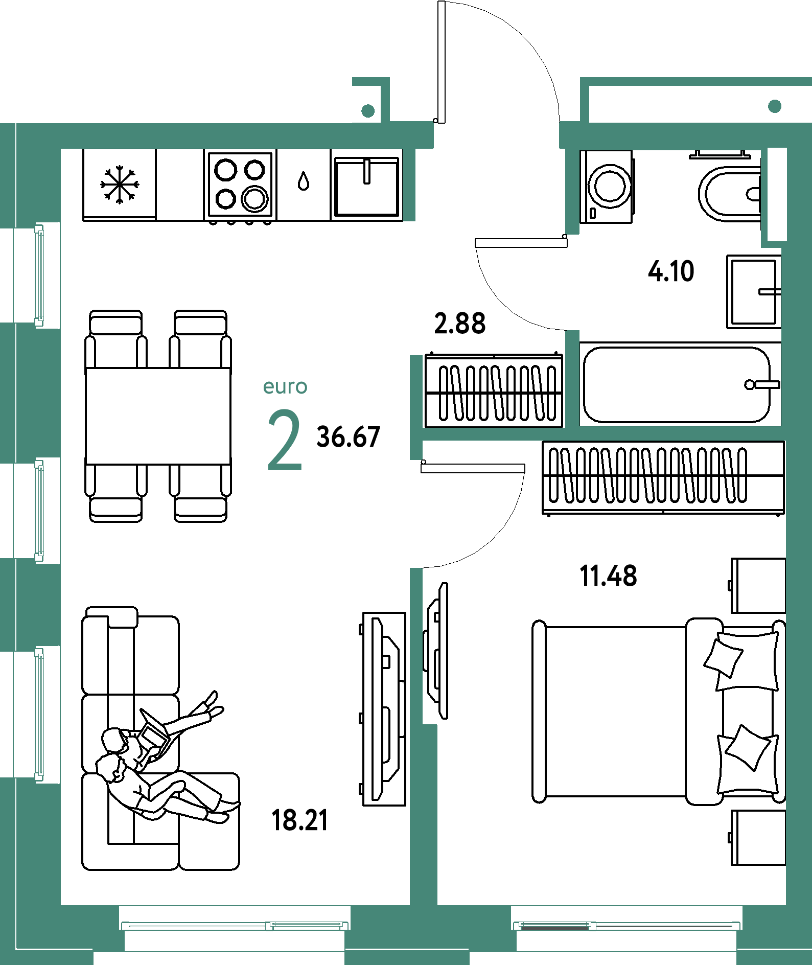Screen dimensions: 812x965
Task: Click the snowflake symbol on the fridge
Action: [120, 184]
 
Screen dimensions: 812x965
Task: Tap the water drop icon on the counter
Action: [304, 181]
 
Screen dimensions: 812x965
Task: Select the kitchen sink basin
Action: [366, 187]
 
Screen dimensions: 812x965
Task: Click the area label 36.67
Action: [348, 437]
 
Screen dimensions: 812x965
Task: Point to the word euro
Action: [285, 387]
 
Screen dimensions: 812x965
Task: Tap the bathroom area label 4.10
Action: [671, 271]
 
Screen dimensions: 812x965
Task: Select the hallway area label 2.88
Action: [460, 324]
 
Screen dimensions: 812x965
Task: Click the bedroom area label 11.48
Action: [608, 576]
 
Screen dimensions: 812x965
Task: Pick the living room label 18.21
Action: [299, 820]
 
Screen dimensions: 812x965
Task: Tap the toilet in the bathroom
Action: [730, 194]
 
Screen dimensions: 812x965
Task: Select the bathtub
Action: [680, 384]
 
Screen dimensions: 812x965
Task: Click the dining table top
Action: [158, 416]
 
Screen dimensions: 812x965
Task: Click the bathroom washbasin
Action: [754, 292]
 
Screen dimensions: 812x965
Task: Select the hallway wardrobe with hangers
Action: [494, 391]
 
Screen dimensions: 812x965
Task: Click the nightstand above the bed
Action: [758, 586]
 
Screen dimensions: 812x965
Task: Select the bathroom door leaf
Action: [521, 243]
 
